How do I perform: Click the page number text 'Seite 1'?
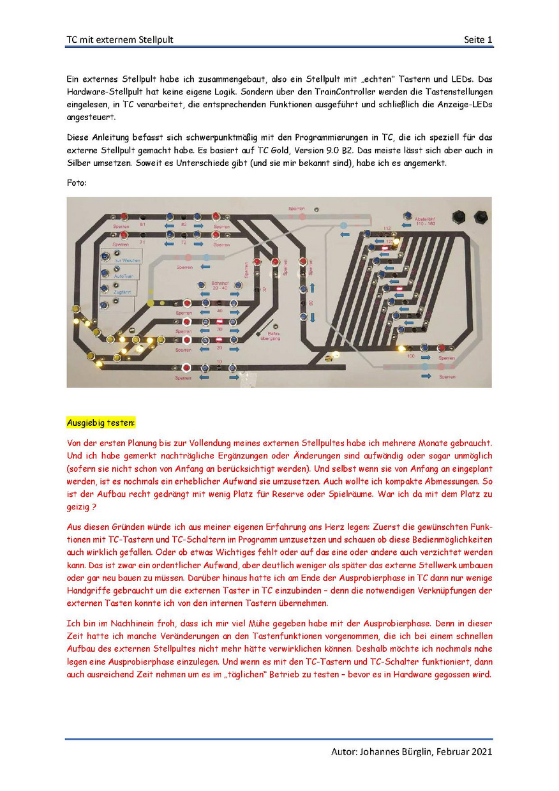click(478, 40)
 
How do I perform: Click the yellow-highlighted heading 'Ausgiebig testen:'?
click(101, 423)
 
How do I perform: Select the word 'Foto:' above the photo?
click(77, 183)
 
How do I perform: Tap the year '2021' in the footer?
click(481, 752)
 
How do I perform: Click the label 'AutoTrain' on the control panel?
click(123, 276)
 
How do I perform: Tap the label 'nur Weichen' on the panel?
click(127, 260)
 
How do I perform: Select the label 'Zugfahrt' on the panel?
click(123, 292)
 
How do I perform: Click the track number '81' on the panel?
click(143, 224)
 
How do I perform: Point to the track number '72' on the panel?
click(184, 243)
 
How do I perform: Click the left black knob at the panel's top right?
click(458, 216)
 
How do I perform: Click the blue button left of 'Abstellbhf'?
click(406, 218)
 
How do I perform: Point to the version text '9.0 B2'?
click(345, 149)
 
